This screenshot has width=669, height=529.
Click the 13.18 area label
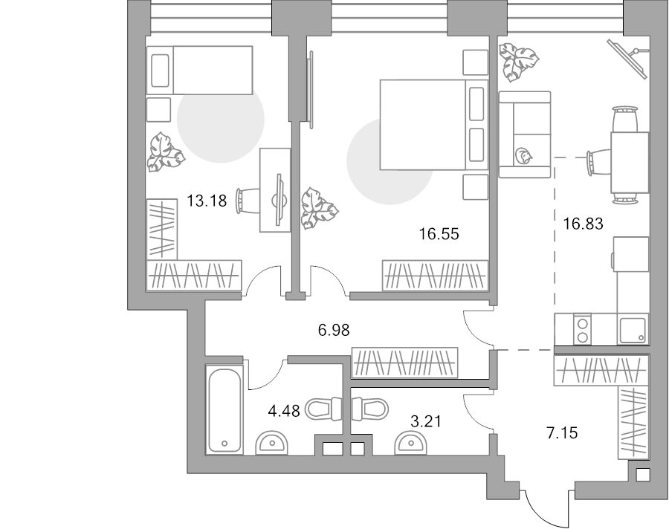coord(207,200)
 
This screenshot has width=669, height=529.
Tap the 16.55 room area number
coord(439,234)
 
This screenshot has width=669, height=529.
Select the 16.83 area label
coord(583,224)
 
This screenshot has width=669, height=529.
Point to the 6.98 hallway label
coord(334,330)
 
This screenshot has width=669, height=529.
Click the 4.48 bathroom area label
coord(284,412)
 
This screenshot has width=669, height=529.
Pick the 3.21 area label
coord(425,421)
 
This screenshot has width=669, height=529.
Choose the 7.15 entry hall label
coord(563,433)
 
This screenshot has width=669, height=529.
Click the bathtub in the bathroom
coord(224,409)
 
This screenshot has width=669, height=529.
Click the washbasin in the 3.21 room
coord(411,444)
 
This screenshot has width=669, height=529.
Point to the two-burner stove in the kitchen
coord(583,329)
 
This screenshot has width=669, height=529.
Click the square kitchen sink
coord(633,330)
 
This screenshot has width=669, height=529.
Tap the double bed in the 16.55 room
coord(434,125)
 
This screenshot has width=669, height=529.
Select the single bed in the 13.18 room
coord(199,70)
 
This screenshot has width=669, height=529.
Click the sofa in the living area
coord(525,134)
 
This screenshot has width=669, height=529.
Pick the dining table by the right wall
coord(630,163)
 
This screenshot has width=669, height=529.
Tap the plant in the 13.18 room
coord(166,152)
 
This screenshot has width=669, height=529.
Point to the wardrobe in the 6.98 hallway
coord(404,363)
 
